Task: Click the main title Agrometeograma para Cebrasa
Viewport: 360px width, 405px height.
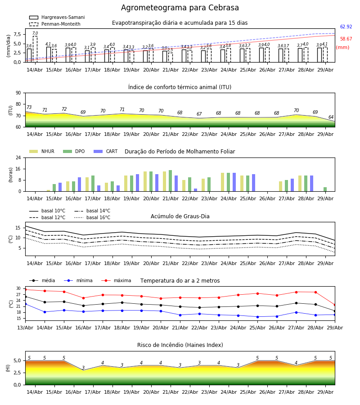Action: pyautogui.click(x=180, y=8)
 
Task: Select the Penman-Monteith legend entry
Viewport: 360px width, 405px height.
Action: pyautogui.click(x=55, y=24)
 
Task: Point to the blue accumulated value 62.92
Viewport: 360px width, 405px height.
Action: pyautogui.click(x=346, y=27)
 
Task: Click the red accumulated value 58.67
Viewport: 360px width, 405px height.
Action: pyautogui.click(x=346, y=39)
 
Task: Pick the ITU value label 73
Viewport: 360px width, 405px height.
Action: pyautogui.click(x=29, y=107)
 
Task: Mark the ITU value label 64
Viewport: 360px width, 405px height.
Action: pyautogui.click(x=331, y=117)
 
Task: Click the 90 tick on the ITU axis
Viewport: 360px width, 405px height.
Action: pyautogui.click(x=18, y=93)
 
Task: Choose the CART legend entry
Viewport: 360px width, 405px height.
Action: pyautogui.click(x=105, y=151)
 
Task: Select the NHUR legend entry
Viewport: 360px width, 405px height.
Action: pyautogui.click(x=41, y=151)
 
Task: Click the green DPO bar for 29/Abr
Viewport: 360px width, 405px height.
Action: pyautogui.click(x=325, y=189)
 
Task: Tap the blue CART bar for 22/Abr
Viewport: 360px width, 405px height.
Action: pyautogui.click(x=195, y=190)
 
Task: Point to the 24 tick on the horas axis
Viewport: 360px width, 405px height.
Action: pyautogui.click(x=18, y=157)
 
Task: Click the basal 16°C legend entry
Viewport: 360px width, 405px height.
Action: pyautogui.click(x=92, y=217)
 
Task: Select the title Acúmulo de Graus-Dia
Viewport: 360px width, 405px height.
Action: pyautogui.click(x=180, y=216)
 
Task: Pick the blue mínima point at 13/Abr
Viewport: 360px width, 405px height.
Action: pyautogui.click(x=25, y=304)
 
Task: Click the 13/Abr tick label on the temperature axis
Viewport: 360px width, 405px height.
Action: pyautogui.click(x=25, y=328)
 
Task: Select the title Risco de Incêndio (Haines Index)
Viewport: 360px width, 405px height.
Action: pyautogui.click(x=180, y=345)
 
